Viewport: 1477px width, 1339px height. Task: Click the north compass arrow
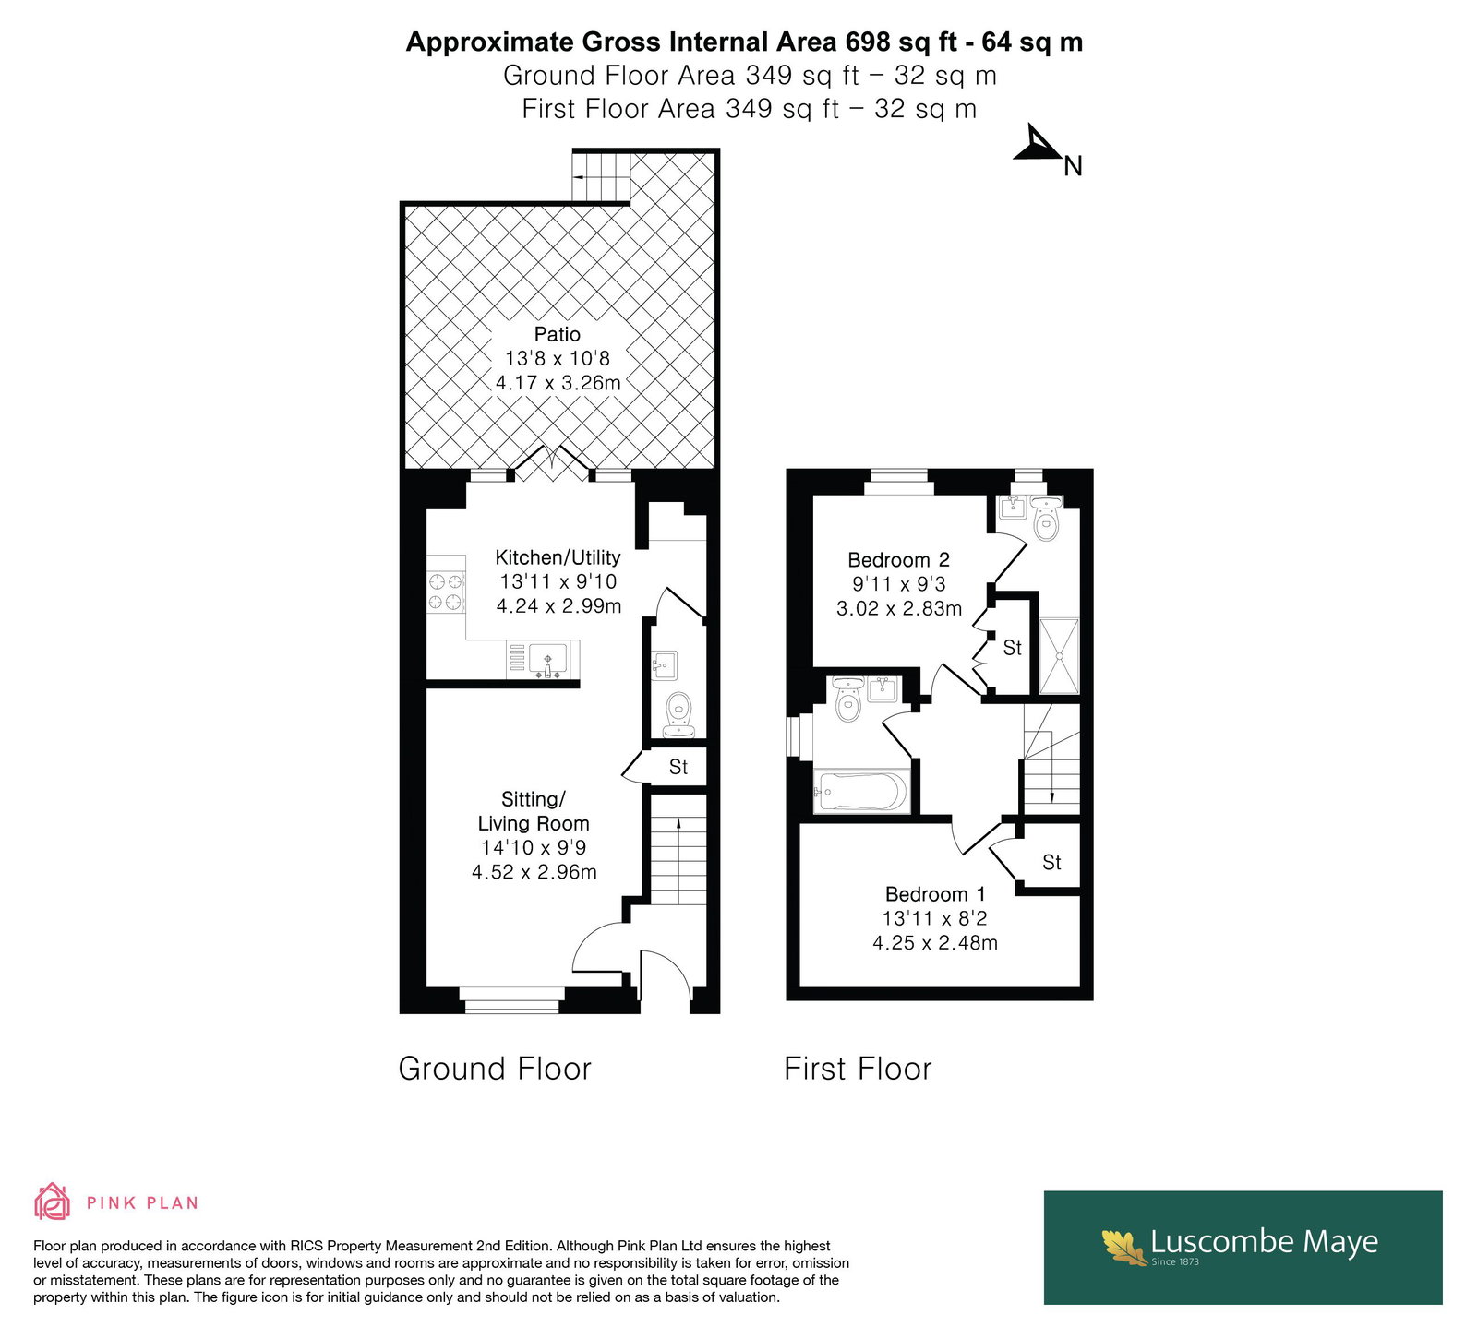pos(1039,146)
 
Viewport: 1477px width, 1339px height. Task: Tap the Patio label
pos(558,334)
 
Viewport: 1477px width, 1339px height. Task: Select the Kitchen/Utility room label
pos(558,557)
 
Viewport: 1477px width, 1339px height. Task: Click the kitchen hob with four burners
pos(445,592)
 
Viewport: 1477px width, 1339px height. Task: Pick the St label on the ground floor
pos(678,767)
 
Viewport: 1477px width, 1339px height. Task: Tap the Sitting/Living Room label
pos(534,811)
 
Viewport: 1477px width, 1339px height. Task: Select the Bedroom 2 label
pos(898,560)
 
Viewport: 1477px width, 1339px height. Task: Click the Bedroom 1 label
pos(935,894)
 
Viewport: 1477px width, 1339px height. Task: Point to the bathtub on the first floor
pos(861,793)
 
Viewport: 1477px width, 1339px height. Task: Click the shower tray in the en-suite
pos(1059,655)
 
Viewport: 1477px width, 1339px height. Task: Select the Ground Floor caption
pos(495,1069)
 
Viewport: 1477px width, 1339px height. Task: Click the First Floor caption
pos(858,1069)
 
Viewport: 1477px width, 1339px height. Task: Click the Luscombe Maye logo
pos(1243,1247)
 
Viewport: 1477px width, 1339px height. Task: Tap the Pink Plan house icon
pos(52,1202)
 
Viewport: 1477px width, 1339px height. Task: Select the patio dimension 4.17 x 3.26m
pos(558,383)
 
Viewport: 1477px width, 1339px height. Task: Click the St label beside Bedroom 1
pos(1051,862)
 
